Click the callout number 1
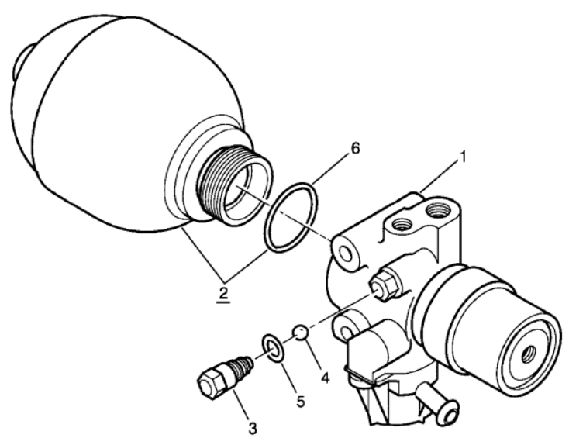click(462, 157)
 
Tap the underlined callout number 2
click(223, 293)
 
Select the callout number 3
click(253, 428)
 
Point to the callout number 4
click(325, 378)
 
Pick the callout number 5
click(301, 401)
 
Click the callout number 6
click(355, 148)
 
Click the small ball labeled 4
click(301, 333)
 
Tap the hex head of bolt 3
click(211, 382)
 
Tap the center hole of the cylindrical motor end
click(529, 354)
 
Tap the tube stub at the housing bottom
click(439, 403)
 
